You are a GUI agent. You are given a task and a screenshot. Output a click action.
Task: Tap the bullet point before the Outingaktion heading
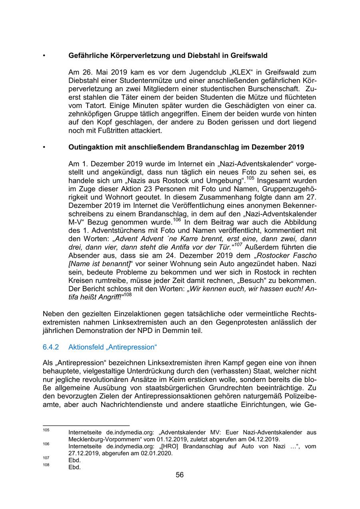[x=44, y=147]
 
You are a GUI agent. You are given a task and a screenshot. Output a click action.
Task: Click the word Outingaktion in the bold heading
[x=90, y=147]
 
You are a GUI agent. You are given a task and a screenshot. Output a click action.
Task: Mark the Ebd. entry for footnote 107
[x=74, y=460]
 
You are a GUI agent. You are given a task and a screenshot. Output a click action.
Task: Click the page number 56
[x=180, y=475]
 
